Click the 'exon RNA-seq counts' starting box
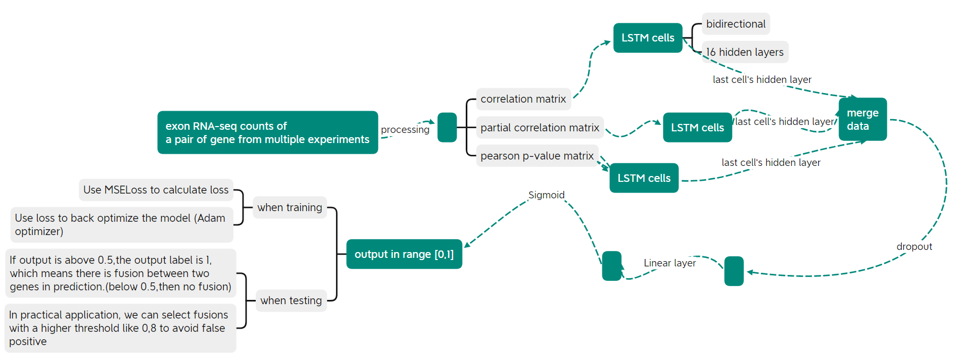tap(267, 132)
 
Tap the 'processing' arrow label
tap(405, 129)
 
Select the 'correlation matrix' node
tap(523, 99)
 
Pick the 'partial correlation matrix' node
tap(540, 128)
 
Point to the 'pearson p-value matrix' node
tap(537, 156)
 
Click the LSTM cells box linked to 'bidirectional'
tap(648, 38)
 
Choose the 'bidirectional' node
tap(735, 24)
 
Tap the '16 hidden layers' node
tap(744, 52)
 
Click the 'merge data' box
tap(862, 119)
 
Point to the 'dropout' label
tap(914, 246)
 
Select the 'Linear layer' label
tap(669, 263)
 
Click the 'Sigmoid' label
tap(546, 195)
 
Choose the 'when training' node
tap(290, 207)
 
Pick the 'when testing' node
tap(291, 300)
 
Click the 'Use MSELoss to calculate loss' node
tap(156, 190)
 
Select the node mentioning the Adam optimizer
tap(121, 224)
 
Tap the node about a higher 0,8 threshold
tap(120, 328)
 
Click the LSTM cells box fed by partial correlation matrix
tap(697, 128)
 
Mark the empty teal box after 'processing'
tap(447, 128)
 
